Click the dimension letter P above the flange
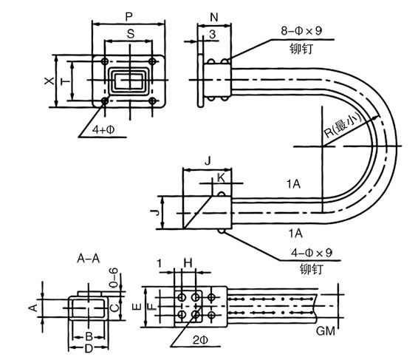[x=129, y=17]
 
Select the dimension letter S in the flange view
[x=131, y=34]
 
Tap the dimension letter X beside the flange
[x=49, y=81]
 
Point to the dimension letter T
[x=65, y=81]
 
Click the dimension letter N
[x=214, y=17]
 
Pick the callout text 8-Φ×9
[x=301, y=31]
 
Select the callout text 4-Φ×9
[x=312, y=252]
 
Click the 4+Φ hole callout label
[x=103, y=129]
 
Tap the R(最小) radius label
[x=343, y=125]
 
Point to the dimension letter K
[x=221, y=177]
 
